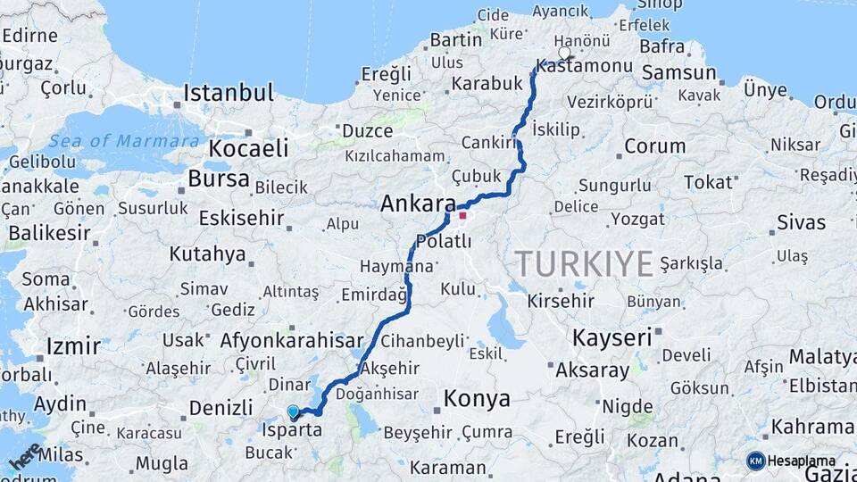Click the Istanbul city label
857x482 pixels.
pos(229,93)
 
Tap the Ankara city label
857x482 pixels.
pos(418,204)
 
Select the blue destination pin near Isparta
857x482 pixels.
pos(293,411)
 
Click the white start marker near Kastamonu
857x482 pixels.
pos(563,53)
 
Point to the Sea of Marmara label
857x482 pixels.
pos(124,141)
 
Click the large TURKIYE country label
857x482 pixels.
pos(584,263)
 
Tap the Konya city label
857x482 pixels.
pos(477,397)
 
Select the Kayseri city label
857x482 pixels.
pos(612,338)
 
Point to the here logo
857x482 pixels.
pos(25,456)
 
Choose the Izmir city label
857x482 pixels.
pos(72,345)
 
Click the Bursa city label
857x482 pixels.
pos(218,179)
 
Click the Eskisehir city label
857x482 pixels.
pos(246,218)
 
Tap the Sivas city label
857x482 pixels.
pos(801,221)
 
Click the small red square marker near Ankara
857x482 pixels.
pos(462,214)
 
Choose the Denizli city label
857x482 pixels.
pos(220,408)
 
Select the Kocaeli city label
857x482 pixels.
pos(249,147)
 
